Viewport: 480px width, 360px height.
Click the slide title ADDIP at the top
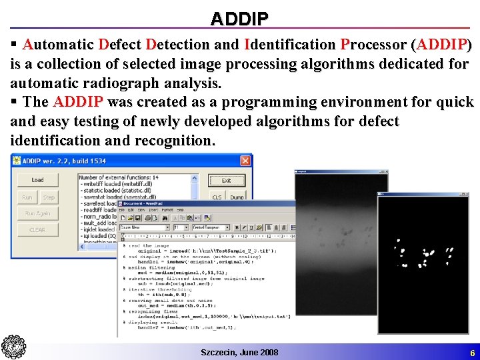tap(239, 19)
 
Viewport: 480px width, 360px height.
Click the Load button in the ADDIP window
tap(37, 180)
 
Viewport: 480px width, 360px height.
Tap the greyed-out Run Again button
tap(37, 213)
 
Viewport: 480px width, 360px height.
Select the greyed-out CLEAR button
tap(37, 230)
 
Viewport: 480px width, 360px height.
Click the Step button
tap(49, 197)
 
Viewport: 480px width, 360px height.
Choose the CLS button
tap(217, 197)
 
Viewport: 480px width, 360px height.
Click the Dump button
tap(237, 197)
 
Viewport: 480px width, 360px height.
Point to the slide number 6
tap(472, 353)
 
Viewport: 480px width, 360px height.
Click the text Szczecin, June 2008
tap(239, 352)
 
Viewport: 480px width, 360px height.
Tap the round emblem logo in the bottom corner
tap(13, 347)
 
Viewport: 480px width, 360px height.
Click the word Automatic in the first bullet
tap(58, 45)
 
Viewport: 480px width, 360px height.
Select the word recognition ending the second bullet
tap(175, 141)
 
